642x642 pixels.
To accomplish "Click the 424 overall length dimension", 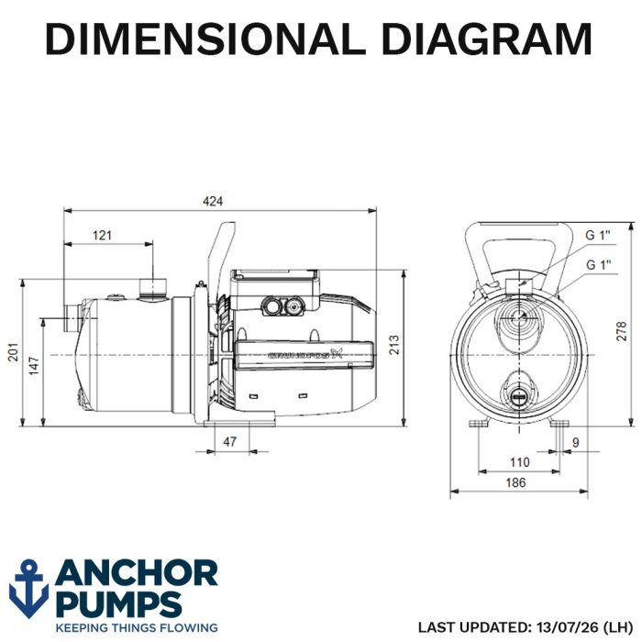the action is pyautogui.click(x=213, y=201).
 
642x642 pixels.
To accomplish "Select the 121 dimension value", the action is pyautogui.click(x=102, y=235).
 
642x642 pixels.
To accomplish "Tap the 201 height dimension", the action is pyautogui.click(x=14, y=351).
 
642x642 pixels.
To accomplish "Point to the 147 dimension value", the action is pyautogui.click(x=34, y=366).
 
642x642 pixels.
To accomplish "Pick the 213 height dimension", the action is pyautogui.click(x=393, y=344).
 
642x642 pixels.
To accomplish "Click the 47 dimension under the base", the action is pyautogui.click(x=229, y=441).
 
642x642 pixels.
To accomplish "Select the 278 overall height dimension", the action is pyautogui.click(x=622, y=331).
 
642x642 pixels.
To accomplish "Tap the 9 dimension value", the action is pyautogui.click(x=576, y=443).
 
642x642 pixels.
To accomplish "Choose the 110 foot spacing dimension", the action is pyautogui.click(x=520, y=462).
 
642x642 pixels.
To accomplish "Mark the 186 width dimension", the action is pyautogui.click(x=515, y=482).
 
